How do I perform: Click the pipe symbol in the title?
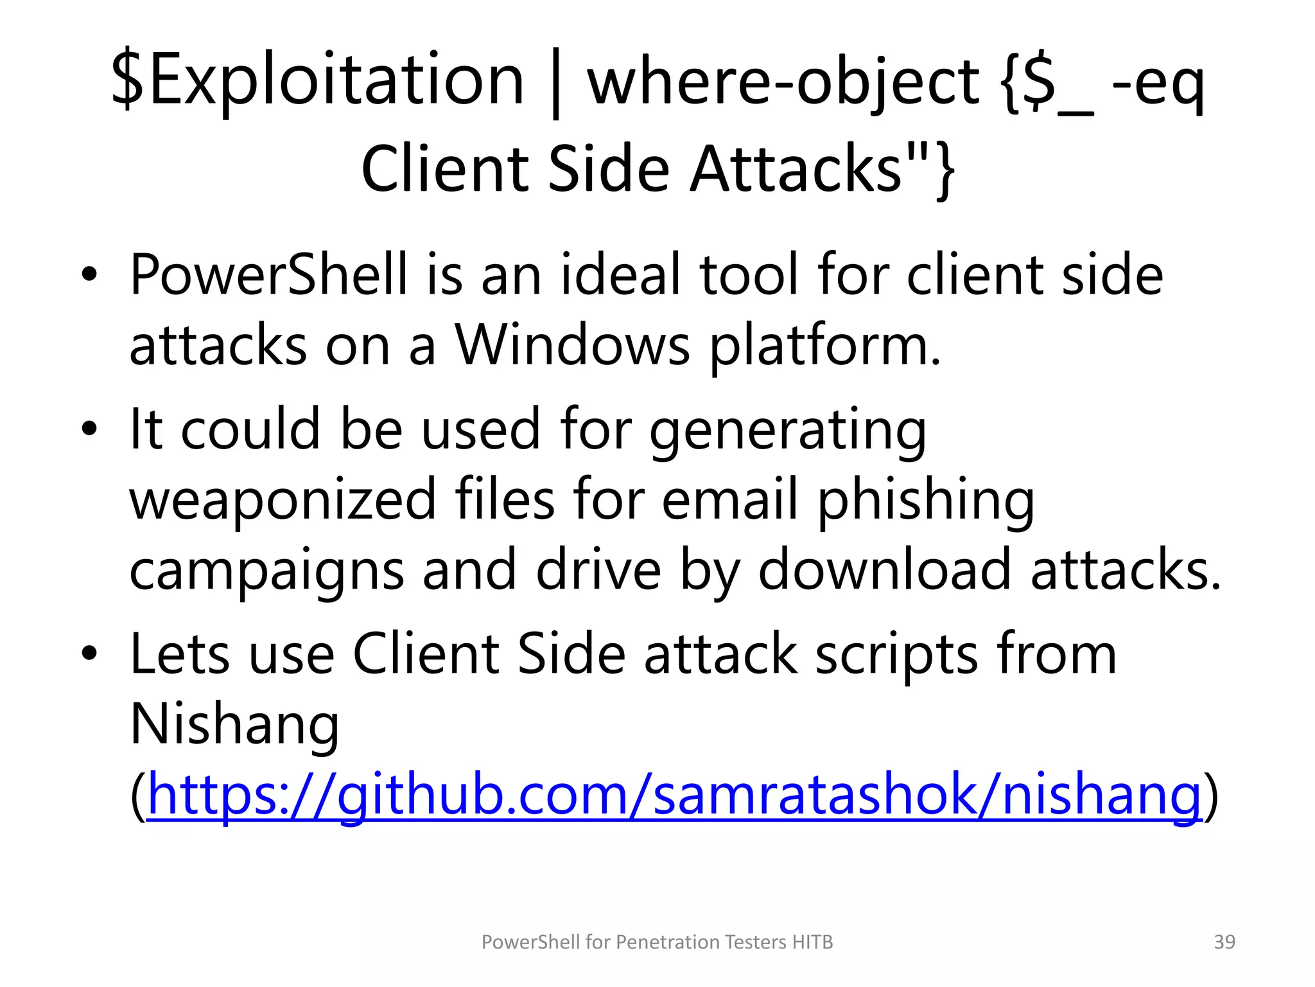[556, 84]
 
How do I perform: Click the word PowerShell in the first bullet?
[268, 274]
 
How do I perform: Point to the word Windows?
[572, 345]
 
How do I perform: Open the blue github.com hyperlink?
[674, 796]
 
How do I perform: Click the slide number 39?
[1224, 942]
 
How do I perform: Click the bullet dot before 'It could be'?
[89, 429]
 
